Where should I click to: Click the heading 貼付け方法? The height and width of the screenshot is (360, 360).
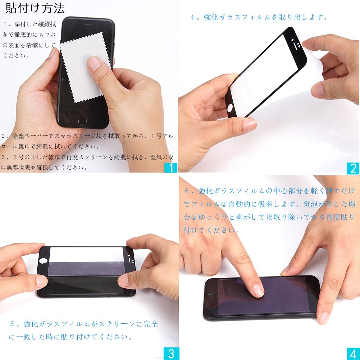pyautogui.click(x=35, y=8)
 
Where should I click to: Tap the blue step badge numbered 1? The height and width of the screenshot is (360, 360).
pyautogui.click(x=171, y=167)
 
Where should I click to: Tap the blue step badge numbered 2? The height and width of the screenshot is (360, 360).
pyautogui.click(x=353, y=168)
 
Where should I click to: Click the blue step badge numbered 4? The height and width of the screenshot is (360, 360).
pyautogui.click(x=353, y=354)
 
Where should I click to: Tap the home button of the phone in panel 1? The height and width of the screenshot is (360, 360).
pyautogui.click(x=82, y=120)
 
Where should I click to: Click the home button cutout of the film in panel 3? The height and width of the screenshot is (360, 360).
pyautogui.click(x=43, y=261)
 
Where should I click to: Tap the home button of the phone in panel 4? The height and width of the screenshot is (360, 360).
pyautogui.click(x=211, y=296)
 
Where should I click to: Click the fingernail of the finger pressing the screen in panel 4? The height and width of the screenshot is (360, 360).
pyautogui.click(x=258, y=290)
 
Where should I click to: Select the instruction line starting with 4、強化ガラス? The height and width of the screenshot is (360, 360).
pyautogui.click(x=259, y=17)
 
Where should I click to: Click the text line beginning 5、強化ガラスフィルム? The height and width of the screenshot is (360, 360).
pyautogui.click(x=84, y=324)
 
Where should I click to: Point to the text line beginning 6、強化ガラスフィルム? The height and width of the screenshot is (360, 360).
pyautogui.click(x=270, y=191)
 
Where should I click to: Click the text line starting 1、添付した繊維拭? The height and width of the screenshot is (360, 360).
pyautogui.click(x=29, y=24)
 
